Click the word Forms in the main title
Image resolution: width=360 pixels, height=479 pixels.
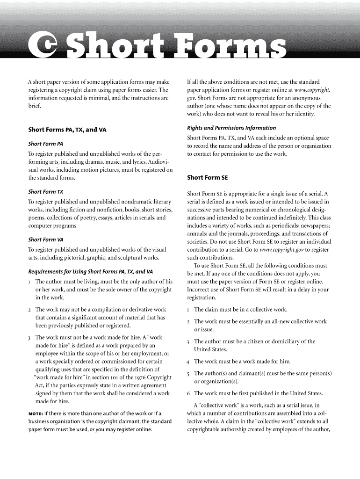227,47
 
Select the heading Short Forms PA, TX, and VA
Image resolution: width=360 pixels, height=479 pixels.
67,129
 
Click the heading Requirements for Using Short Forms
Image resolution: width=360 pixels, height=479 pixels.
91,271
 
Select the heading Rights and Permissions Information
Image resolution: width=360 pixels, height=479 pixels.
231,128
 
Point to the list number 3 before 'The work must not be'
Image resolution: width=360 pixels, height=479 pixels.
29,337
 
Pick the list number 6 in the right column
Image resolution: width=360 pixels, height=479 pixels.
188,393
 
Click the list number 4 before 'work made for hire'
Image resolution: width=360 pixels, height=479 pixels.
188,362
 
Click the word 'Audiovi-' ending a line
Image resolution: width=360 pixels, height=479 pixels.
160,162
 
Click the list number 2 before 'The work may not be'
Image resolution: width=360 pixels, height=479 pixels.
29,310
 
